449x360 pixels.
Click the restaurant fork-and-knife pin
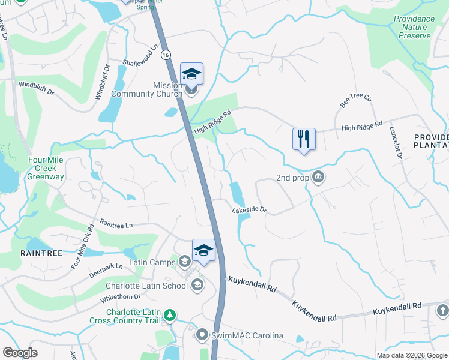tap(304, 139)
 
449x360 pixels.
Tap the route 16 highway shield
tap(166, 55)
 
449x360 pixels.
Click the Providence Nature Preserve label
tap(414, 27)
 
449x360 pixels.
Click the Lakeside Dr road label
tap(249, 210)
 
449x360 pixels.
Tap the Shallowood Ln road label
tap(140, 56)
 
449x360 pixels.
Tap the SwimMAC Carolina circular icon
tap(202, 335)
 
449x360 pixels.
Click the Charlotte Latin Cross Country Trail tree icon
tap(170, 314)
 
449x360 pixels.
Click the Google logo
tap(20, 352)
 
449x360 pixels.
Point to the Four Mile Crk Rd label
tap(83, 247)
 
